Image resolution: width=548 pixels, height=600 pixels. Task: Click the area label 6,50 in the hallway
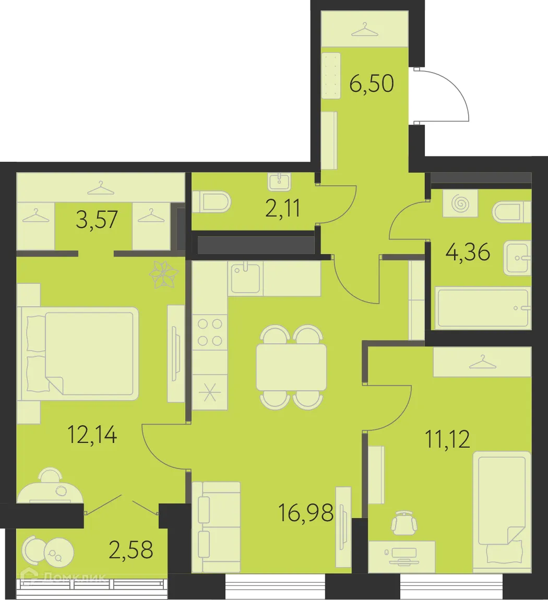(x=371, y=83)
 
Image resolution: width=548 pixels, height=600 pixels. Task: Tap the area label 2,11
(x=283, y=209)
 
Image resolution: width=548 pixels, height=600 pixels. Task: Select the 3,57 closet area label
(x=97, y=220)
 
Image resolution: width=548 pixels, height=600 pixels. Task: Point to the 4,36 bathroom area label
(x=468, y=253)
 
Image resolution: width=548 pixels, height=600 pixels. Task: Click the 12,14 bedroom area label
(x=92, y=434)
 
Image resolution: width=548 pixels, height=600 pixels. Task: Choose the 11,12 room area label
(x=447, y=439)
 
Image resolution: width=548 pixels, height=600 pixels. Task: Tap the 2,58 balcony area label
(x=130, y=549)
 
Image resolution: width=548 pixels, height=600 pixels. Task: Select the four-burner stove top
(x=210, y=332)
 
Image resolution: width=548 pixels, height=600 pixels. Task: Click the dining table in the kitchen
(x=291, y=367)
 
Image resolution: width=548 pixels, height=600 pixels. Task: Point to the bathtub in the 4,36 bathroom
(x=483, y=308)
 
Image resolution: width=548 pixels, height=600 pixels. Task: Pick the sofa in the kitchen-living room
(x=216, y=527)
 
